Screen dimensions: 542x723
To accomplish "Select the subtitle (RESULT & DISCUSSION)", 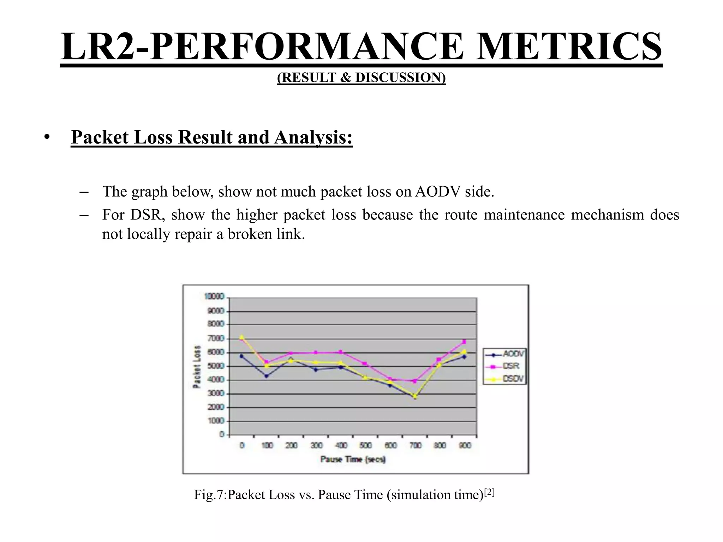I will point(361,77).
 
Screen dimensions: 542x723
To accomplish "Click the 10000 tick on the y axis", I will point(214,296).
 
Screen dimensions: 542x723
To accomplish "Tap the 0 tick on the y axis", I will point(222,434).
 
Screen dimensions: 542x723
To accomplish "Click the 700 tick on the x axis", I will point(416,445).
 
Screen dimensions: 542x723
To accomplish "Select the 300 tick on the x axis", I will point(316,445).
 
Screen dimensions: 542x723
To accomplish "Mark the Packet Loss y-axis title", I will point(197,366).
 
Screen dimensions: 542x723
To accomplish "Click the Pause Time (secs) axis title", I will point(353,459).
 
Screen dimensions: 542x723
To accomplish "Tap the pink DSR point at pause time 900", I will point(464,342).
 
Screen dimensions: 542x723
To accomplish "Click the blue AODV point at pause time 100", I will point(267,376).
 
